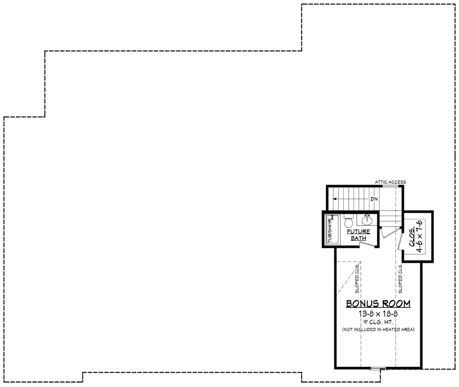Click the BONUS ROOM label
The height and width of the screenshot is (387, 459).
[x=378, y=304]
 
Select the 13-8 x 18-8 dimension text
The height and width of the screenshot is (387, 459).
[x=378, y=313]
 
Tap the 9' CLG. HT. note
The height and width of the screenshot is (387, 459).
[x=378, y=322]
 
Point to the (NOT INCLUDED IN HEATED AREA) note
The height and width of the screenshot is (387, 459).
[x=378, y=330]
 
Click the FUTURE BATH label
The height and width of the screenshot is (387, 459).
[x=359, y=235]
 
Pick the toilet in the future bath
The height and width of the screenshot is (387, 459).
[x=348, y=222]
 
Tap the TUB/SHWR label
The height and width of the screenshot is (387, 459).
[x=330, y=230]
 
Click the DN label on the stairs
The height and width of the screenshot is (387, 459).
[x=374, y=199]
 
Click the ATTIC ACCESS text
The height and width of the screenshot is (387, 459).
[x=390, y=182]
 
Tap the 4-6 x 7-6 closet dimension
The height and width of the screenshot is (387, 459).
[x=420, y=236]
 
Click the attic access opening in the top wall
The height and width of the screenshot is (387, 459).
[x=390, y=186]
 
